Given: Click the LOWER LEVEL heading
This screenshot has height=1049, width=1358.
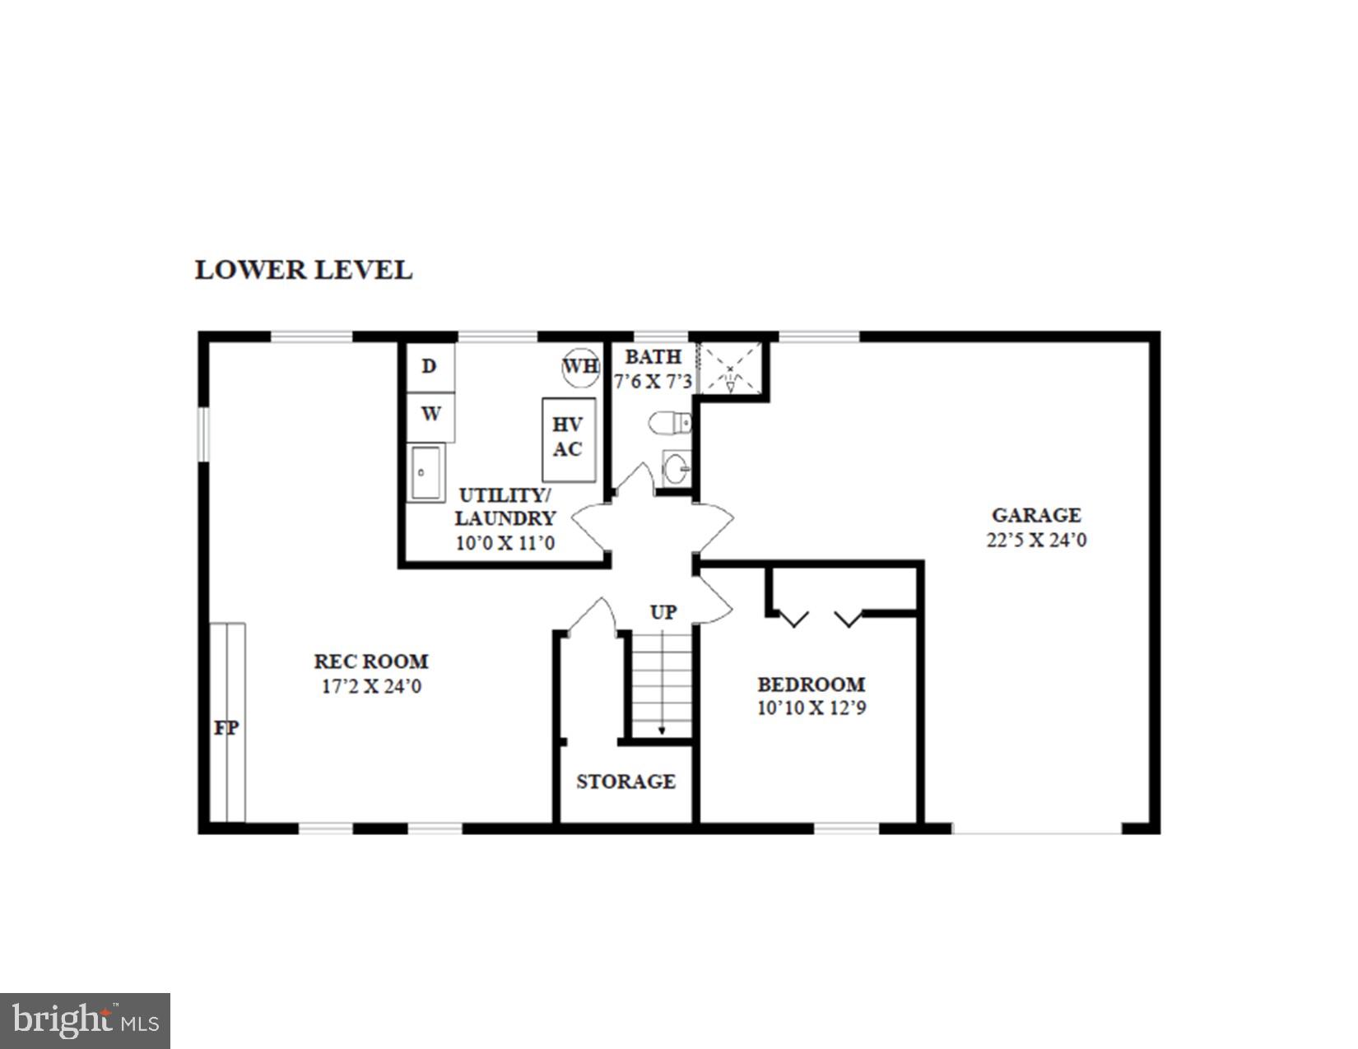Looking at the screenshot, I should point(303,270).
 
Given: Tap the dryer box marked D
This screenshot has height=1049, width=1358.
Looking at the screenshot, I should point(430,367).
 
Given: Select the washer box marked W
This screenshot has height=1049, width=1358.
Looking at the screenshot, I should point(430,415).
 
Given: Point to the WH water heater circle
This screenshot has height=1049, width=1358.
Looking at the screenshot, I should point(580,366).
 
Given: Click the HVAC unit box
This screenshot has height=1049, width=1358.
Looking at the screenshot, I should point(568,439).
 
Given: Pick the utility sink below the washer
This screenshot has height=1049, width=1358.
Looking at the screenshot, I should point(426,472).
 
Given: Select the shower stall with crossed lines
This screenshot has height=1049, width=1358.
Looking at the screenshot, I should point(730,369).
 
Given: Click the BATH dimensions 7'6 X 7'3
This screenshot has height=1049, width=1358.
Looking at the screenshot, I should point(653,382).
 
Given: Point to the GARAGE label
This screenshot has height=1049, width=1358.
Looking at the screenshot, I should point(1036,516).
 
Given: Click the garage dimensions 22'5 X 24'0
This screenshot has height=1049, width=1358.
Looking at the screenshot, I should point(1036,541).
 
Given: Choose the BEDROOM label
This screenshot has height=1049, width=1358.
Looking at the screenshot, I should point(811,685).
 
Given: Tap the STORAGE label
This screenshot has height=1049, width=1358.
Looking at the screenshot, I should point(626,782).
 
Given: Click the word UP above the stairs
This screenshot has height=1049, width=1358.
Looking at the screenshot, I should point(663,613).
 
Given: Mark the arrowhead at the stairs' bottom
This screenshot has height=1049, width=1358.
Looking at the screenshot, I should point(662,731).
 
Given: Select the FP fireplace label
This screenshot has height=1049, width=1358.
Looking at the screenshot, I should point(226,728).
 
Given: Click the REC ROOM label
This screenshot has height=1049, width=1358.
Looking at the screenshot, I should point(371,661).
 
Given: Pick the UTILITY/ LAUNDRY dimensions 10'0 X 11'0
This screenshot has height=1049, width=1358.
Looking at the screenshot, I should point(505,543).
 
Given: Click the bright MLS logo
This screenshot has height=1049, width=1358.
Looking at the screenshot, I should point(85,1021).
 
